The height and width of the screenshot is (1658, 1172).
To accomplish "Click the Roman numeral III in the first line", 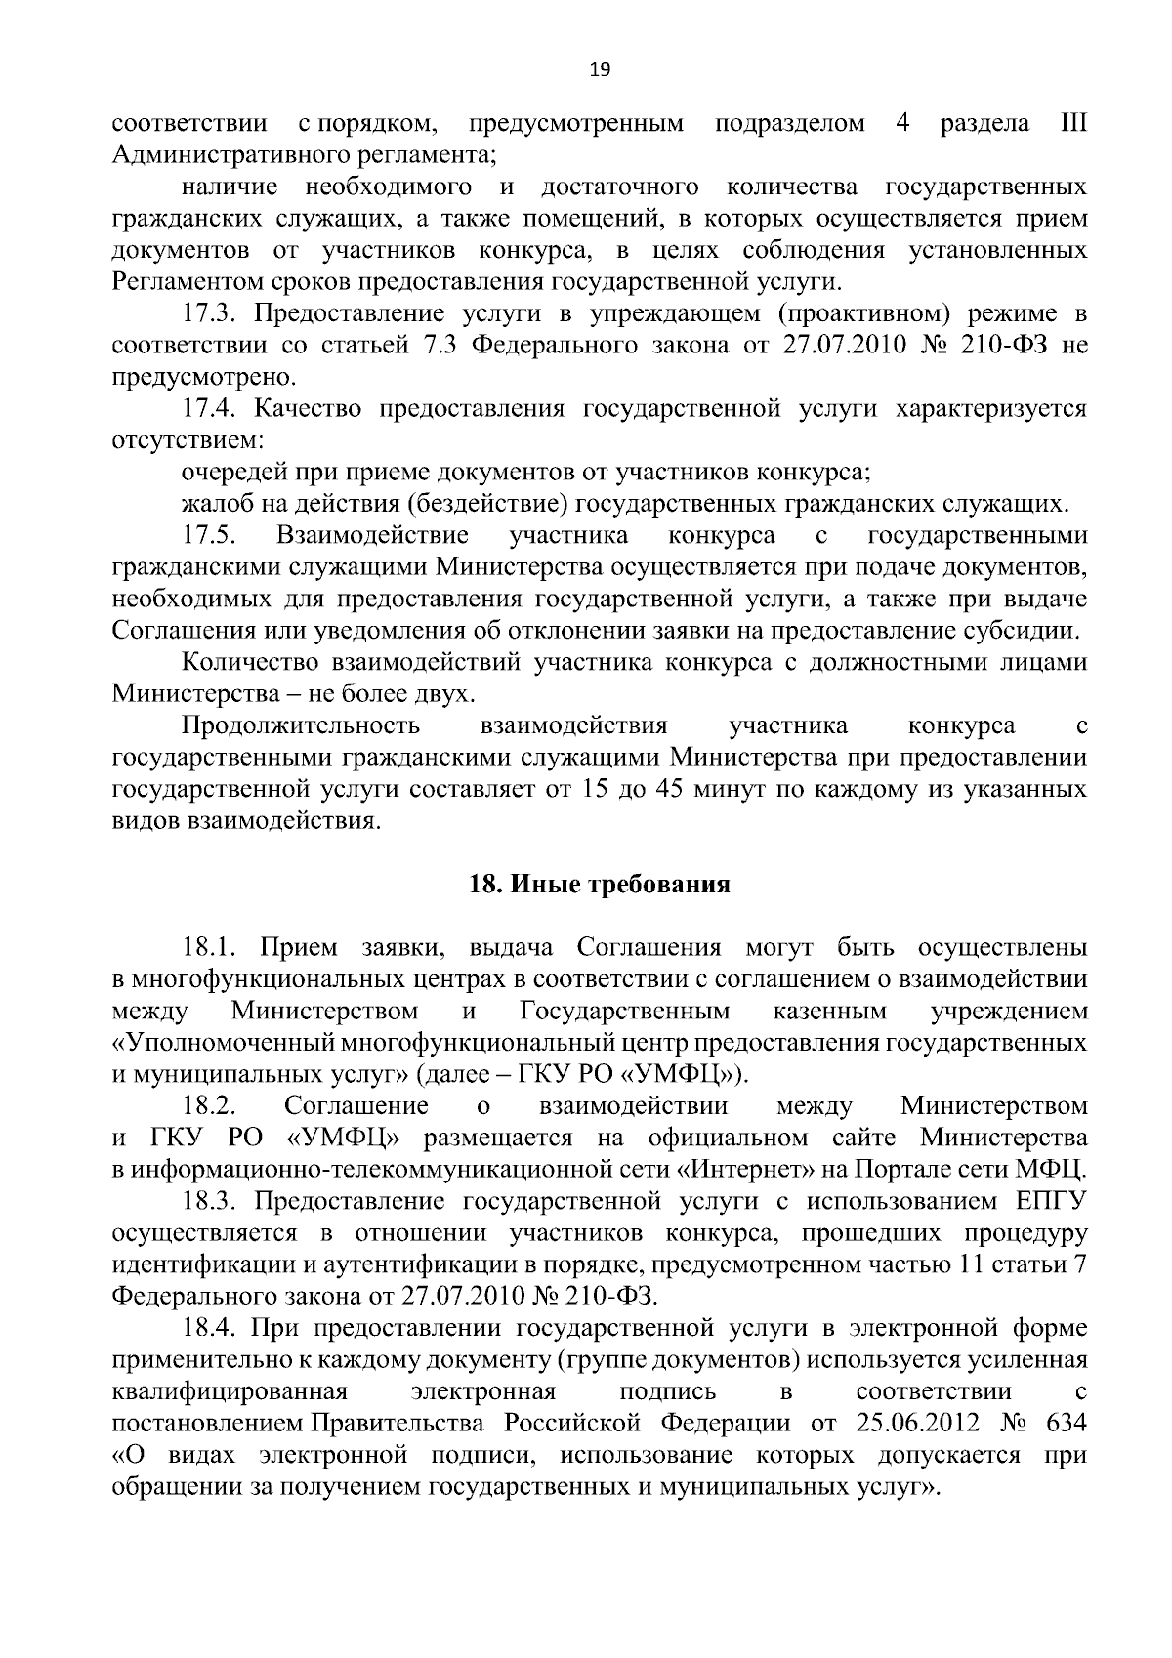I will [1071, 124].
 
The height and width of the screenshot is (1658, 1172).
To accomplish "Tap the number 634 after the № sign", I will [1066, 1423].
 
